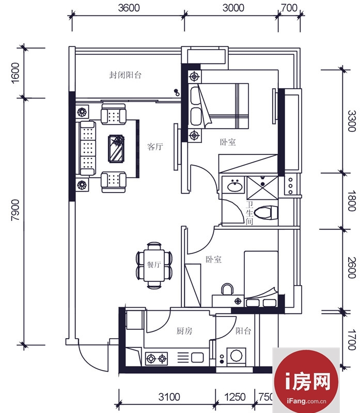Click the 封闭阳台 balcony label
point(125,75)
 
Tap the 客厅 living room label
point(155,147)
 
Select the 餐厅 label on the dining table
point(154,264)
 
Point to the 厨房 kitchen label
point(184,330)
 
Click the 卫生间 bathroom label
point(249,213)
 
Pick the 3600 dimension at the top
point(129,8)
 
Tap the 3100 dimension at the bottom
point(169,396)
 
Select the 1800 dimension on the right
point(351,201)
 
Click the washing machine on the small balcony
point(237,356)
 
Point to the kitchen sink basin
point(197,358)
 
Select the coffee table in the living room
point(116,149)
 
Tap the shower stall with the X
point(262,188)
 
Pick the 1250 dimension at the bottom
point(235,396)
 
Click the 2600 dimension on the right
point(351,268)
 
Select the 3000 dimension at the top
point(233,8)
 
